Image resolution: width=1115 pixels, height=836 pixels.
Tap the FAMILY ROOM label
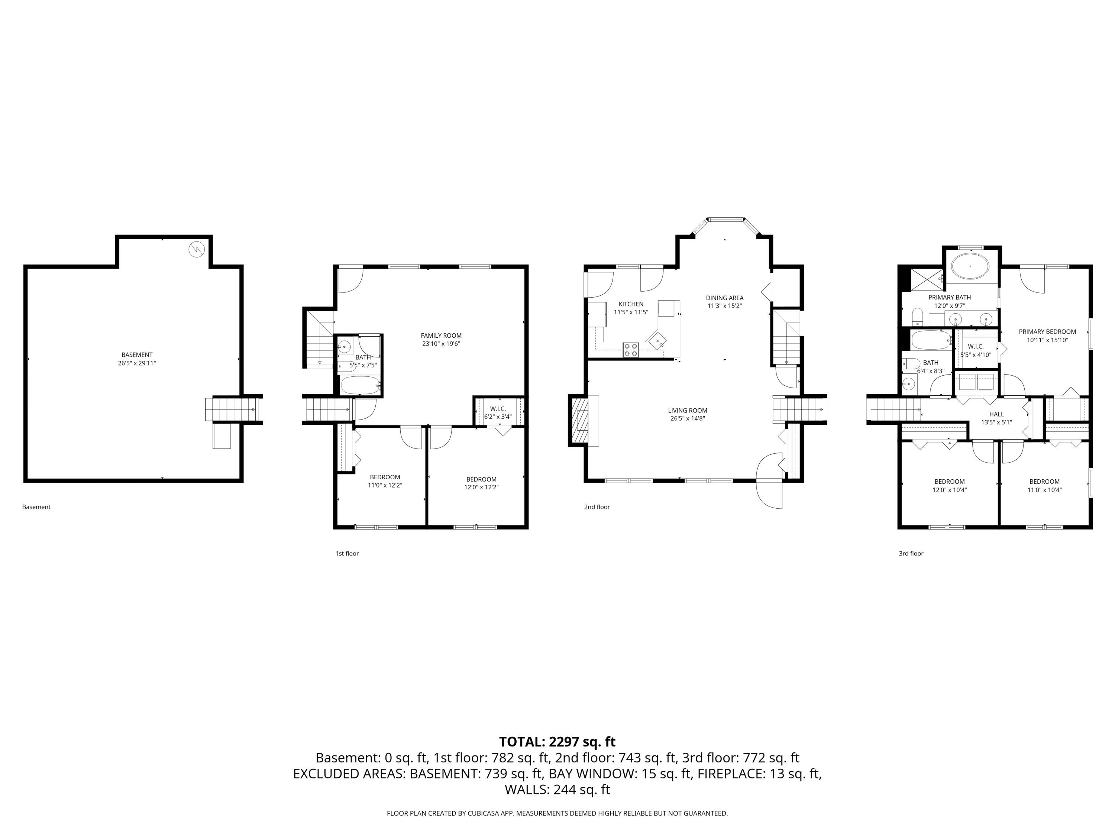click(x=441, y=336)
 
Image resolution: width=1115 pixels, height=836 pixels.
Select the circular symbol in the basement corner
click(x=197, y=249)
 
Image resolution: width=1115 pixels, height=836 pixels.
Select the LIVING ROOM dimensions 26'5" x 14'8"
click(x=688, y=418)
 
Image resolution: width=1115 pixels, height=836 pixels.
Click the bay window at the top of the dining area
click(x=725, y=220)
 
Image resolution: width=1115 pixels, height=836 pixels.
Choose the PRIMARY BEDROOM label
click(x=1047, y=331)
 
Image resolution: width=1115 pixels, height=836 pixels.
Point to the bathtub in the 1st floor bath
click(x=360, y=386)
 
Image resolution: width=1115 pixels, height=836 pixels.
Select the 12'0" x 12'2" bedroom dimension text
click(x=481, y=487)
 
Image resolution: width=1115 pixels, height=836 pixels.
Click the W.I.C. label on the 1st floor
click(x=498, y=409)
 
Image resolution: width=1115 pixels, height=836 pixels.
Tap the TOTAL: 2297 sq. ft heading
click(x=557, y=742)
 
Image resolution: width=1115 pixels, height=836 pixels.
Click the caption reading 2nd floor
click(x=597, y=507)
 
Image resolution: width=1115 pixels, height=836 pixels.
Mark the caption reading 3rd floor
click(x=911, y=553)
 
